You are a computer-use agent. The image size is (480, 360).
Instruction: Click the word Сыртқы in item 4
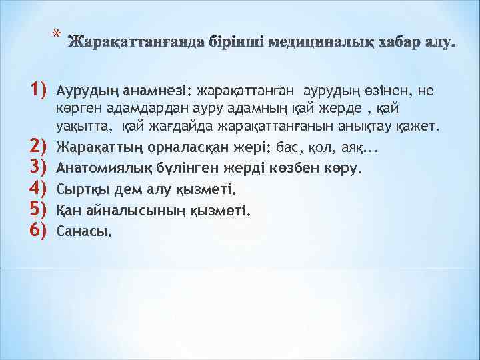tap(79, 189)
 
